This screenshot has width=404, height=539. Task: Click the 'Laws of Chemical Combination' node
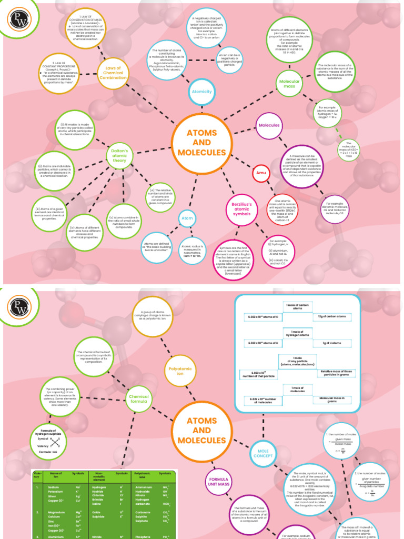coord(113,73)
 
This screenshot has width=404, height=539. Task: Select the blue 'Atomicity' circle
coord(202,92)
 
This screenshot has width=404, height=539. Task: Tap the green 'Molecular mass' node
coord(290,84)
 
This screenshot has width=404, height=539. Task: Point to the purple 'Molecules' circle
coord(269,125)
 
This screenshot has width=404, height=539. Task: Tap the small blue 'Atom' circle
coord(187,218)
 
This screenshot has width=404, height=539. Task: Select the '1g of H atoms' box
coord(329,343)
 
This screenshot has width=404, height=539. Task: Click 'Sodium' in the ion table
coord(53,487)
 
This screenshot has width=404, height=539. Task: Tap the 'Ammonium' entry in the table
coord(144,487)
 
